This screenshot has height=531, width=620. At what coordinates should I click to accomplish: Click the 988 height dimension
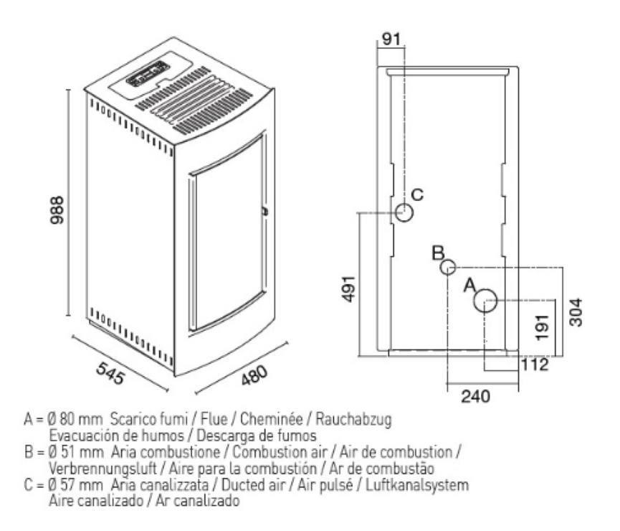click(x=57, y=210)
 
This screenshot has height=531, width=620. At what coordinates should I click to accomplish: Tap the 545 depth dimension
click(x=110, y=373)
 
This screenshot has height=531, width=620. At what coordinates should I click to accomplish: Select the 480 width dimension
click(x=254, y=375)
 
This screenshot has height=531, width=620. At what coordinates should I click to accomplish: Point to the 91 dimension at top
click(x=391, y=39)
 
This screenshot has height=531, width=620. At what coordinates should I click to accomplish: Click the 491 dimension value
click(x=348, y=288)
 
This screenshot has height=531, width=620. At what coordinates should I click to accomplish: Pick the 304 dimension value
click(x=576, y=312)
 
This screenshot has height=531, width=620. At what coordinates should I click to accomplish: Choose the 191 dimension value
click(x=542, y=327)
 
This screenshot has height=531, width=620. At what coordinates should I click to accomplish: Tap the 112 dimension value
click(x=535, y=365)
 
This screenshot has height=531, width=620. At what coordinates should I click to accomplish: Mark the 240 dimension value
click(x=475, y=396)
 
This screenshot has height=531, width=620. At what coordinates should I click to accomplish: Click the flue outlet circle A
click(x=485, y=301)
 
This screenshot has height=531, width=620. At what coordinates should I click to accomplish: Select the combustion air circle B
click(x=447, y=268)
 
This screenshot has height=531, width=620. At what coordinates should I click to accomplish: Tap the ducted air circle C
click(x=404, y=212)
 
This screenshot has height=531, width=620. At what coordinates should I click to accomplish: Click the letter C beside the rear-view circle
click(x=418, y=194)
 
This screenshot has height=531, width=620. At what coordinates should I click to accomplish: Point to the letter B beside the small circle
click(x=438, y=253)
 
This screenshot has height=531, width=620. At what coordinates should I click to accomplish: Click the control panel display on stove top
click(x=148, y=74)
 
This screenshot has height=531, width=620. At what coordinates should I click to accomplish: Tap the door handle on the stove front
click(x=264, y=211)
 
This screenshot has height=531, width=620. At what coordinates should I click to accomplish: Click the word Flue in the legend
click(x=214, y=419)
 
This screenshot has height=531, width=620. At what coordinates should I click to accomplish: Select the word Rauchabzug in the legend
click(x=353, y=419)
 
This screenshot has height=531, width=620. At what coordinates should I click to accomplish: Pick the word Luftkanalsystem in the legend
click(x=417, y=485)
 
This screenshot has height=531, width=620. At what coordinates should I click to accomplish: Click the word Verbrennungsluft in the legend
click(x=102, y=469)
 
